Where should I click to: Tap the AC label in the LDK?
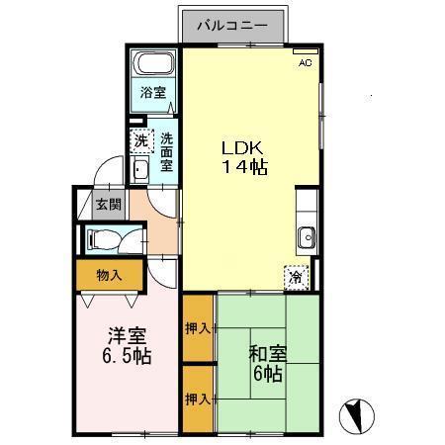pyautogui.click(x=306, y=62)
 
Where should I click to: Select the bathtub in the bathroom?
pyautogui.click(x=153, y=65)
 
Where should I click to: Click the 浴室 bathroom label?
pyautogui.click(x=152, y=95)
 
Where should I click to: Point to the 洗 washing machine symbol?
pyautogui.click(x=141, y=141)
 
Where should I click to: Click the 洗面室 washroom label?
pyautogui.click(x=167, y=153)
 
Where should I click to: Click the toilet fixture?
pyautogui.click(x=104, y=238)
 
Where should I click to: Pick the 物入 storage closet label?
pyautogui.click(x=109, y=274)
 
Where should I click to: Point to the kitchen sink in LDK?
pyautogui.click(x=307, y=236)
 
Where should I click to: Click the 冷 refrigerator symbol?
pyautogui.click(x=296, y=278)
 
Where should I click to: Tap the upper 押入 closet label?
pyautogui.click(x=197, y=328)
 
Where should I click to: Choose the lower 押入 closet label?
pyautogui.click(x=197, y=400)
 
